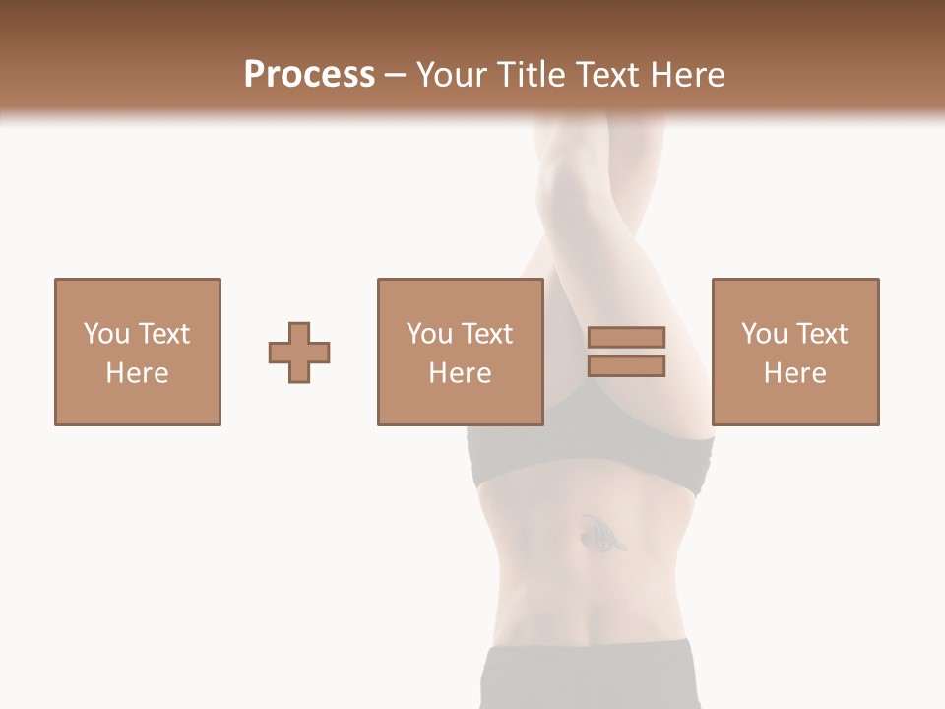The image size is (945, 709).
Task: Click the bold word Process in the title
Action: (309, 75)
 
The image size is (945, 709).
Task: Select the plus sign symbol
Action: (299, 352)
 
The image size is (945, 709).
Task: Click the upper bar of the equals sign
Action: (626, 337)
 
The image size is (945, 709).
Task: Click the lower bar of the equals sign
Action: (626, 366)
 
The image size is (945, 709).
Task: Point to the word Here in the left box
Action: (137, 373)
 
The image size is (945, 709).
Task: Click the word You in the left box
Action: (105, 334)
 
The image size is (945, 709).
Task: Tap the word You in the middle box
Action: (428, 334)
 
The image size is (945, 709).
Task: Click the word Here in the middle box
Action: (460, 373)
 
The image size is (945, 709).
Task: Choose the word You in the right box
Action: (763, 334)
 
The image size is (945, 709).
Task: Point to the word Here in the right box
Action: (794, 373)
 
